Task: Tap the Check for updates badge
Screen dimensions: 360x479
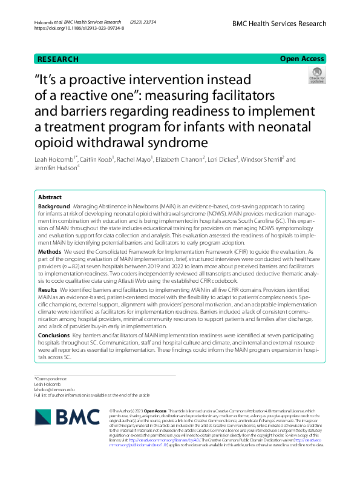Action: pyautogui.click(x=316, y=75)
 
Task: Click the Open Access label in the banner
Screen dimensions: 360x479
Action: pyautogui.click(x=303, y=59)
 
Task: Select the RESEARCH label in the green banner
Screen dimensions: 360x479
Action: pyautogui.click(x=57, y=59)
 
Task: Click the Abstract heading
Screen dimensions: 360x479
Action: pyautogui.click(x=50, y=197)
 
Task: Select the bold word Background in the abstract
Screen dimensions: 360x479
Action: pyautogui.click(x=54, y=206)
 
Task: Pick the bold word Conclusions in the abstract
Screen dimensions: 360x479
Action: pyautogui.click(x=54, y=335)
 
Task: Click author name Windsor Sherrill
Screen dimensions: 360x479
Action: pyautogui.click(x=261, y=159)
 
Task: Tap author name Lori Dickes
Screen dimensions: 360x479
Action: pyautogui.click(x=222, y=159)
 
